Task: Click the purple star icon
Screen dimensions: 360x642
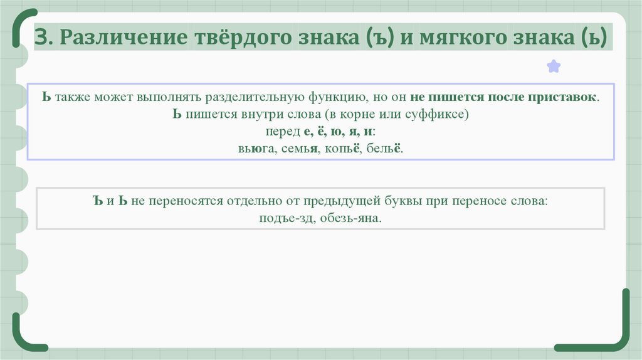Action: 554,66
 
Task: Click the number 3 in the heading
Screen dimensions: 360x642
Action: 42,38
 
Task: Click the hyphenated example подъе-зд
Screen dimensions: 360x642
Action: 282,219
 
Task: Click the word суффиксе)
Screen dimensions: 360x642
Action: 438,115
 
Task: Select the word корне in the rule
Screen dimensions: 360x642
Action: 360,115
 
